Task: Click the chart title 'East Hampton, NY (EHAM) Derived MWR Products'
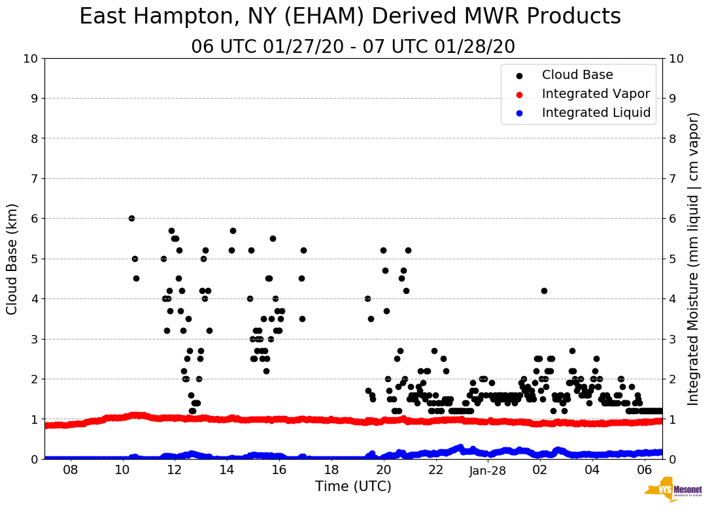point(350,17)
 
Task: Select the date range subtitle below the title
point(353,47)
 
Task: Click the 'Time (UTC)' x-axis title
point(353,486)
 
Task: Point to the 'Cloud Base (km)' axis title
point(12,259)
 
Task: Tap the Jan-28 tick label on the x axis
point(488,470)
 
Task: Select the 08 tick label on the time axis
point(71,470)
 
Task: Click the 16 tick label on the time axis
point(279,470)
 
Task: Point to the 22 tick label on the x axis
point(435,470)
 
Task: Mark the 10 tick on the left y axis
point(30,59)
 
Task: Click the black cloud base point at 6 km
point(131,218)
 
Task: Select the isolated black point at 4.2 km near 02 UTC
point(544,291)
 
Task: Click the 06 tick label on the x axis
point(644,470)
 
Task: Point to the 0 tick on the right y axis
point(671,459)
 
